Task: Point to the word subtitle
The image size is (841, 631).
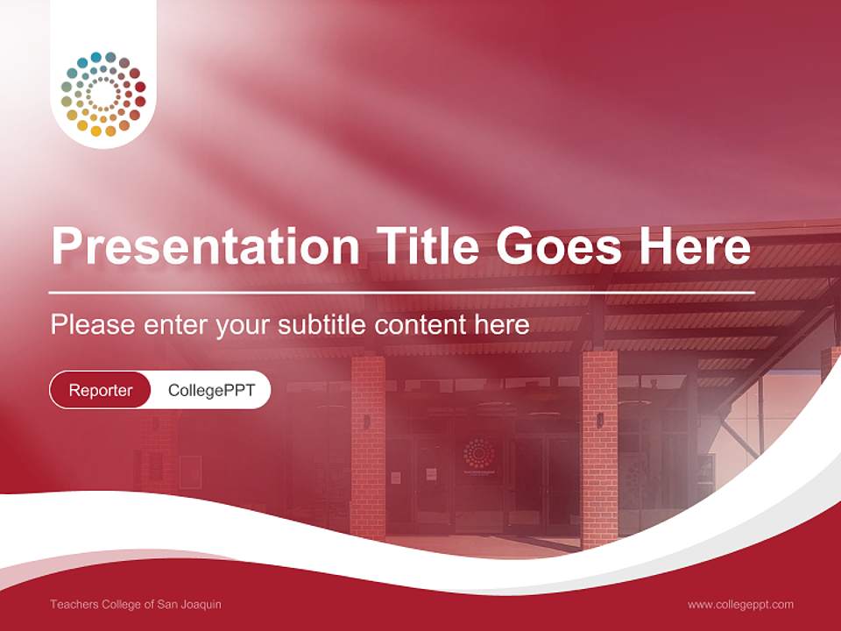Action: pyautogui.click(x=323, y=325)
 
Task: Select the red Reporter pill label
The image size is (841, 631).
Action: pyautogui.click(x=101, y=390)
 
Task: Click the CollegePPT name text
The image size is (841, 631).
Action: pyautogui.click(x=211, y=390)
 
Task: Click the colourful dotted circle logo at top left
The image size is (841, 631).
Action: pyautogui.click(x=103, y=95)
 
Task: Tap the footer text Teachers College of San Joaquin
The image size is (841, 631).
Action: pyautogui.click(x=124, y=605)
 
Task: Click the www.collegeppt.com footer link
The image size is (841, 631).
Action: pyautogui.click(x=740, y=605)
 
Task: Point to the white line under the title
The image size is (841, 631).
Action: pyautogui.click(x=402, y=292)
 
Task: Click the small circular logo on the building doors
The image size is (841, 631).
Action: pyautogui.click(x=478, y=452)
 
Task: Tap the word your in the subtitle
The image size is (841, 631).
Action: pyautogui.click(x=243, y=325)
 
